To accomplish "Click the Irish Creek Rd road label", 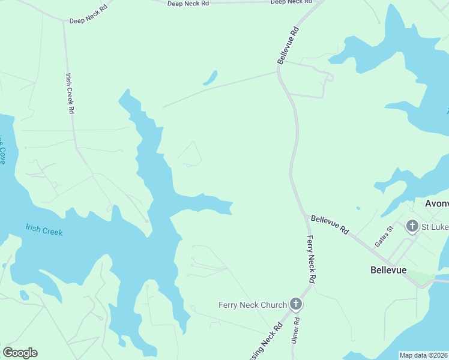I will point(70,94).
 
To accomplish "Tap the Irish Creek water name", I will point(44,230).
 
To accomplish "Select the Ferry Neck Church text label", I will point(252,305).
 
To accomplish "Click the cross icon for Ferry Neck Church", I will point(295,304).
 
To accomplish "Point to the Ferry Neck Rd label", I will point(311,259).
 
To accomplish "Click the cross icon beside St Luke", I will point(412,226).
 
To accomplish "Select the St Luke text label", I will point(435,227).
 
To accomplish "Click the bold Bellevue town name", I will point(388,270).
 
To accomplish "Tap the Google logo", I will point(20,353).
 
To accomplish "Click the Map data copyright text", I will point(423,355).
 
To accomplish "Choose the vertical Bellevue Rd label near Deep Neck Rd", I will point(288,45).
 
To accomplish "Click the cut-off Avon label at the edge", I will point(437,203).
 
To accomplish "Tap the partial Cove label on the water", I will point(2,150).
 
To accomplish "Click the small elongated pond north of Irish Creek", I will point(210,78).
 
